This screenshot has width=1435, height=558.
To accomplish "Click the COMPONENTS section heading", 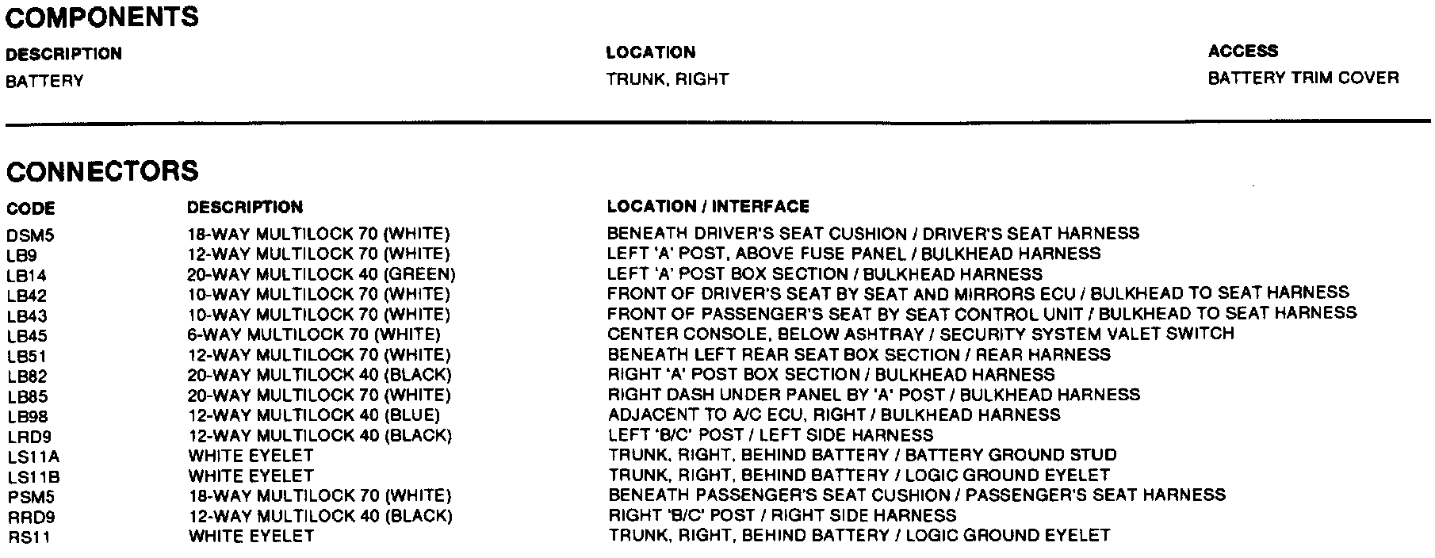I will point(102,17).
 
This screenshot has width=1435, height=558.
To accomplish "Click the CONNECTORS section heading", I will point(102,172).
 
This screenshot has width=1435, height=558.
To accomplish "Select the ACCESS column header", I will point(1242,52).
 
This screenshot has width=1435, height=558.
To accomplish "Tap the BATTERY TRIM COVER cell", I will point(1303,78).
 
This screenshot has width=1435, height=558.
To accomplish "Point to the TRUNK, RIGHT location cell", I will point(667,79).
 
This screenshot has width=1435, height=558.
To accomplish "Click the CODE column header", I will point(31,209).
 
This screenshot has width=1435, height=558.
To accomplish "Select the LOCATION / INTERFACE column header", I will point(708,207).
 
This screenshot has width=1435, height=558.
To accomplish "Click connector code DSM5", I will point(31,235).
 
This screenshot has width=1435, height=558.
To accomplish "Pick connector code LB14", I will point(27,276).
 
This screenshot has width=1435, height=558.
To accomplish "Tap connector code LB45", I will point(27,336).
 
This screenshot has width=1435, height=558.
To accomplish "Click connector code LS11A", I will point(33,457).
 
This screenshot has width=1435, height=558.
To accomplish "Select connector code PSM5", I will point(31,497).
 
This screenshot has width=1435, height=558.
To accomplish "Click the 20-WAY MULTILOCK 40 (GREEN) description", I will point(321,274).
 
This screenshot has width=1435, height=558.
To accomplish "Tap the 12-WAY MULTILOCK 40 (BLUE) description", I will point(313,415).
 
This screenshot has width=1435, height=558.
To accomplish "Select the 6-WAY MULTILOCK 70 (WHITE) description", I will point(313,334).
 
